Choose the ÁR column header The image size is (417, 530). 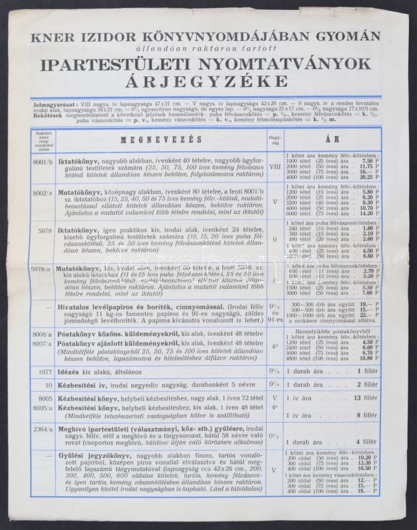coord(332,140)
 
